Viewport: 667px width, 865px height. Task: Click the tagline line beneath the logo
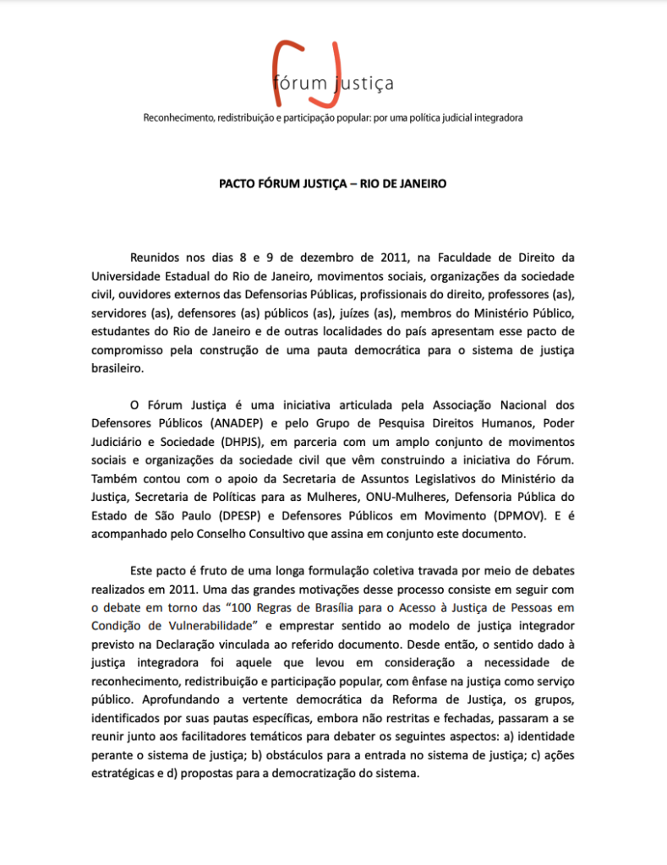tap(333, 117)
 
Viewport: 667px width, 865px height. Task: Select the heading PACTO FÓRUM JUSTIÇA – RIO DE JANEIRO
tap(333, 183)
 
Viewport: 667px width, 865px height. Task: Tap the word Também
tap(113, 478)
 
